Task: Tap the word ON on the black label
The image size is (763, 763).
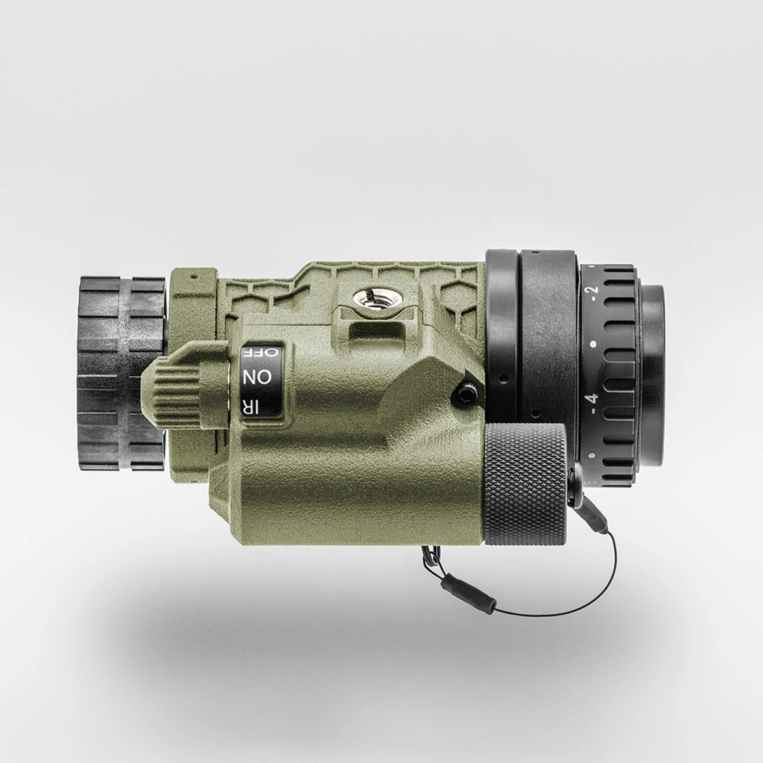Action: coord(258,376)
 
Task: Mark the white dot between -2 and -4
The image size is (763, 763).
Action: coord(593,344)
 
